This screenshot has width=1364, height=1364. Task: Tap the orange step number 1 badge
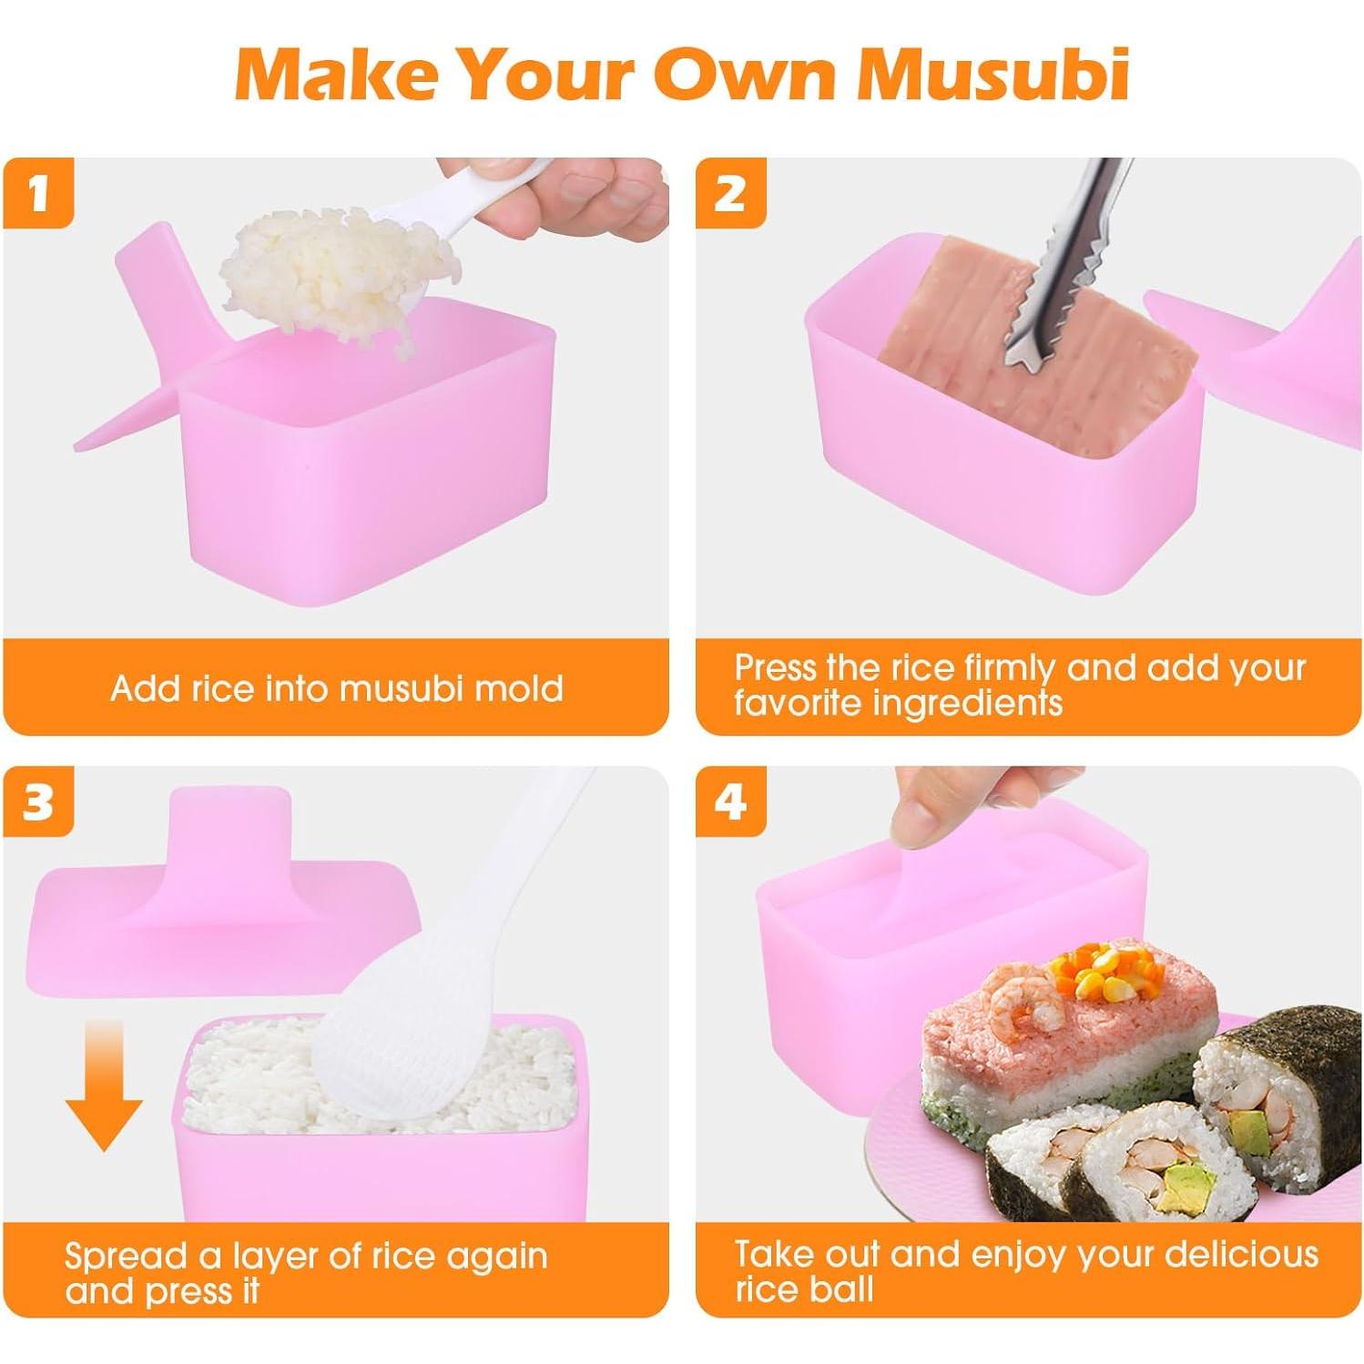coord(38,194)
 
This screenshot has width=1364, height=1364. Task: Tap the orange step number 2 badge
coord(730,194)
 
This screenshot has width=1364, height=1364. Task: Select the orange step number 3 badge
coord(38,802)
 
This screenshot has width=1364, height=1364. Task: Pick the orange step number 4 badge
coord(730,802)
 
